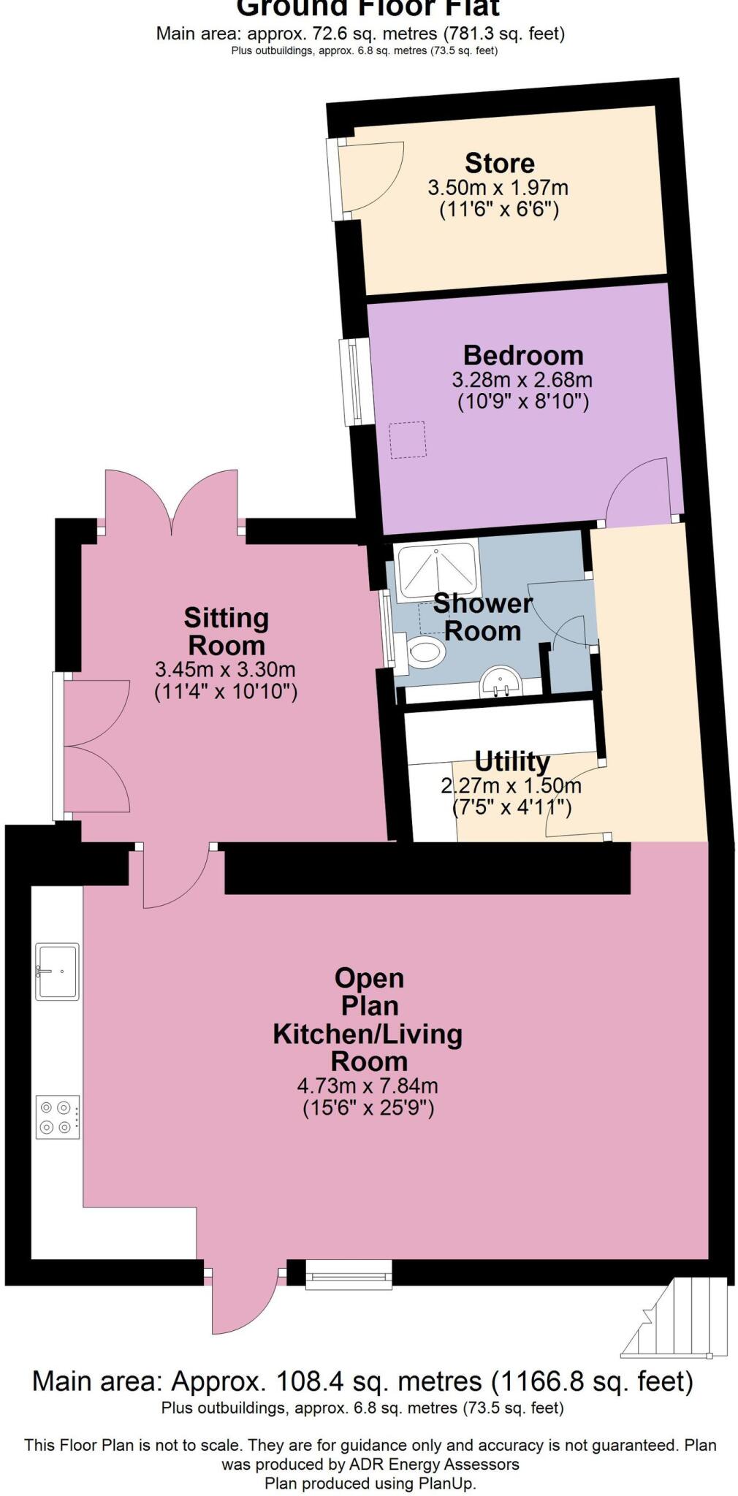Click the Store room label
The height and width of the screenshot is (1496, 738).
(x=499, y=163)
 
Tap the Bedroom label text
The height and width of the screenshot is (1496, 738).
(x=523, y=356)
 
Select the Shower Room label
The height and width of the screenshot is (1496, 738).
(x=482, y=617)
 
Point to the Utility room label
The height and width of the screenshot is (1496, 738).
(x=511, y=761)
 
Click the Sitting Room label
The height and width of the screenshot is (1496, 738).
(x=226, y=632)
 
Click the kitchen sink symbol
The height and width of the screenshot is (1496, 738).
(x=57, y=971)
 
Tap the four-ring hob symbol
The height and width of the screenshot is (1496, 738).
(x=58, y=1117)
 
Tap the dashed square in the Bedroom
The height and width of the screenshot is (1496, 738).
(x=408, y=440)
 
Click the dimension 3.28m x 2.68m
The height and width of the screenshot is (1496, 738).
(x=522, y=380)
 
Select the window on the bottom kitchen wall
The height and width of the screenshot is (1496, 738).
(x=349, y=1275)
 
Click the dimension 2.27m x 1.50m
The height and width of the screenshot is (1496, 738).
(x=511, y=786)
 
